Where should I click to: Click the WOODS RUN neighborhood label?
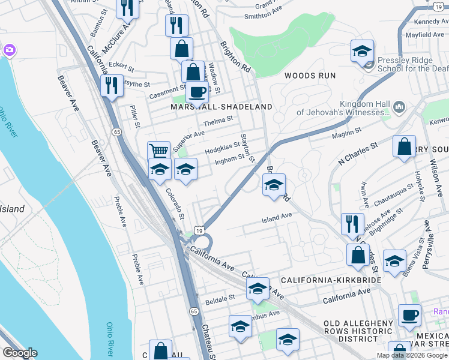point(308,76)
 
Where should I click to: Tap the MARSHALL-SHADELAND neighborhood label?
point(221,106)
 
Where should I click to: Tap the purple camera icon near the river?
point(9,49)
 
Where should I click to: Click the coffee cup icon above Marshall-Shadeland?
point(196,92)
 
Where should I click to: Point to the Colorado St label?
point(176,204)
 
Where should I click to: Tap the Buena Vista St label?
point(414,257)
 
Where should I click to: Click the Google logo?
point(20,353)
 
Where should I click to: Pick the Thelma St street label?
point(218,120)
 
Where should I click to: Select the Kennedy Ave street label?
point(429,22)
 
